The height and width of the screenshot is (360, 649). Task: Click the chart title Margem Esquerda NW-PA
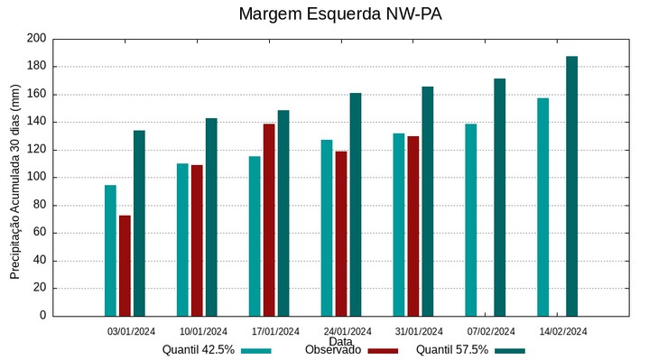click(339, 14)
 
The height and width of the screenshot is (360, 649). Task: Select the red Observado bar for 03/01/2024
click(125, 265)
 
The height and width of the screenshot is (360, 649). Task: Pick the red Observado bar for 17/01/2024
click(269, 219)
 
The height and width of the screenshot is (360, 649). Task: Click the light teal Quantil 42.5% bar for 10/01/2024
click(182, 239)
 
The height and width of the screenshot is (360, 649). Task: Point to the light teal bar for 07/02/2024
click(470, 219)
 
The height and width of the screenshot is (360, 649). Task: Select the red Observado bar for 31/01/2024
click(413, 226)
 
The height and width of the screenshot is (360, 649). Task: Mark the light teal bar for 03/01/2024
click(110, 250)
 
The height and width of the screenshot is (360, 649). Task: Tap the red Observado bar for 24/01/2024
click(341, 233)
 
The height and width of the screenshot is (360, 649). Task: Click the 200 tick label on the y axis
click(36, 39)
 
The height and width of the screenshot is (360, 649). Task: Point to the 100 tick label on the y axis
click(36, 178)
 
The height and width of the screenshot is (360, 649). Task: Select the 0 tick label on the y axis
click(42, 316)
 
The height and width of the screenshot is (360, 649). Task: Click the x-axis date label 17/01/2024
click(275, 331)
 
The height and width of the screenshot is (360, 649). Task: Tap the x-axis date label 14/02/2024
click(563, 331)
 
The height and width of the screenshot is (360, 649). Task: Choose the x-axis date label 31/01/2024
click(419, 331)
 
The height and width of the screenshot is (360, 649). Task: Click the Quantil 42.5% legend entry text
click(199, 350)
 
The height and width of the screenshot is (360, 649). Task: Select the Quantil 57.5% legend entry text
click(452, 350)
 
